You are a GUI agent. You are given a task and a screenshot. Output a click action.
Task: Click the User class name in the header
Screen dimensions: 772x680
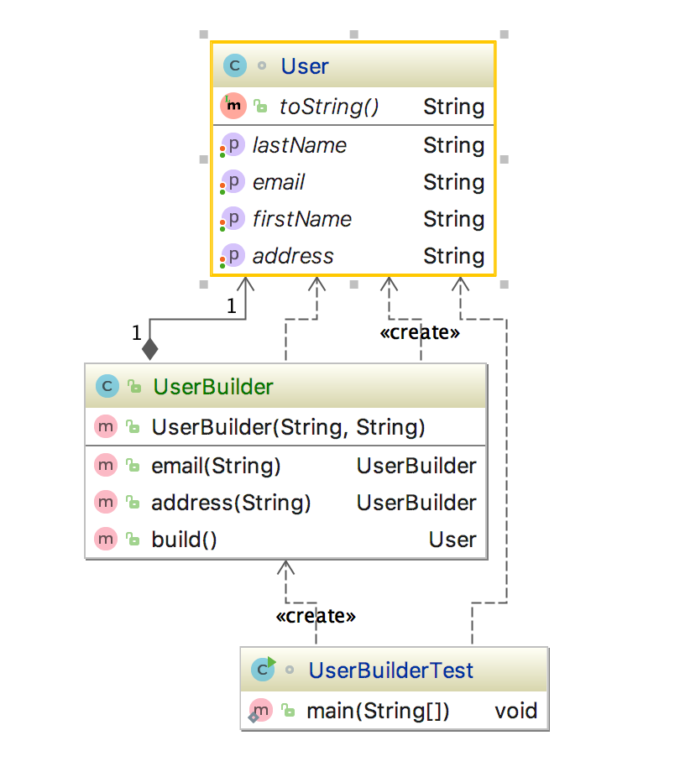coord(305,66)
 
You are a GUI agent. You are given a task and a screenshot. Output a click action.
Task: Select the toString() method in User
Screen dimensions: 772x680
coord(328,107)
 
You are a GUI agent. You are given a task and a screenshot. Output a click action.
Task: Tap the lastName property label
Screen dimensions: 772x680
coord(300,145)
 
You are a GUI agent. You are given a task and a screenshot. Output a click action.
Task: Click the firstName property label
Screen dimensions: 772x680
coord(302,219)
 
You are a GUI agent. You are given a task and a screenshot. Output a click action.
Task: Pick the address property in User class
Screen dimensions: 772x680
coord(293,256)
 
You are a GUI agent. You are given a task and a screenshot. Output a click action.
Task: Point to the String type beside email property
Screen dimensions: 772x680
coord(453,182)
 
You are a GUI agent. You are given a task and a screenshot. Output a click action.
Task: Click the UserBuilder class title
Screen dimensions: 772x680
coord(212,387)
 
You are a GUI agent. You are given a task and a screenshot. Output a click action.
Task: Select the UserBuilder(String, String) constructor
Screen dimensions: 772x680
coord(288,427)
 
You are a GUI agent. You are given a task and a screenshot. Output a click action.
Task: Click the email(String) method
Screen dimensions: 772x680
coord(216,466)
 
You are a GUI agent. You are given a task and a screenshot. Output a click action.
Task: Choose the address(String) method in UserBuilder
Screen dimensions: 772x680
coord(231,503)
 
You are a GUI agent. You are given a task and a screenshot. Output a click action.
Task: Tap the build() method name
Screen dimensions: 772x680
coord(184,540)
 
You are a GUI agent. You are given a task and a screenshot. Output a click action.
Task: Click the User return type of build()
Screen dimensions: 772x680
coord(452,540)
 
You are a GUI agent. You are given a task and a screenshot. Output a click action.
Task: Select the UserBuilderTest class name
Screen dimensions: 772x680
coord(391,670)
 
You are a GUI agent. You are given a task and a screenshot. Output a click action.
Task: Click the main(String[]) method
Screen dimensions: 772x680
coord(378,711)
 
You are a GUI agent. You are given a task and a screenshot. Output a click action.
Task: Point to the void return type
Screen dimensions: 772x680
coord(515,711)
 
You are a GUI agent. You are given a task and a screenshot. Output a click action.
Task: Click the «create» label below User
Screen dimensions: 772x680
coord(420,332)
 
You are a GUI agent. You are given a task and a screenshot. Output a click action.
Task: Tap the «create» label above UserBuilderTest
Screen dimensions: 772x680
coord(316,616)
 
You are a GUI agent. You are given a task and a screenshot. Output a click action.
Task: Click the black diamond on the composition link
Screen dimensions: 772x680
coord(149,348)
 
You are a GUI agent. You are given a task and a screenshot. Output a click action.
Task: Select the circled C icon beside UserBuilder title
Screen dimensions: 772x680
coord(107,387)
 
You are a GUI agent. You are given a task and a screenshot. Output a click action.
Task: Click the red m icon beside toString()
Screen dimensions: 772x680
coord(233,106)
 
